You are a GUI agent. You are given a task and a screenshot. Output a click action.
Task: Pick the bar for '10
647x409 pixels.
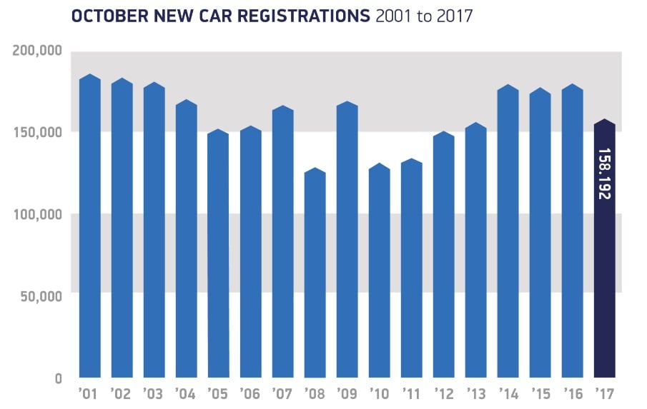click(x=379, y=271)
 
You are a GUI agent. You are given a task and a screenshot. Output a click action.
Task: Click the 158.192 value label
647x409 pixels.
click(x=604, y=174)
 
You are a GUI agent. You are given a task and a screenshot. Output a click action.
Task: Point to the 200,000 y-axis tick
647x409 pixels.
click(x=38, y=51)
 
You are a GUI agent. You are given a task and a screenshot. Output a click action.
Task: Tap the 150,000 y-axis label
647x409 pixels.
click(x=38, y=133)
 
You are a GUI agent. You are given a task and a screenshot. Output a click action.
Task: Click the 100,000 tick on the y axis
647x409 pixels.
click(x=38, y=214)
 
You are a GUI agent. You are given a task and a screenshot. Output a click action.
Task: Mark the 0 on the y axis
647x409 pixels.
click(x=58, y=378)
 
